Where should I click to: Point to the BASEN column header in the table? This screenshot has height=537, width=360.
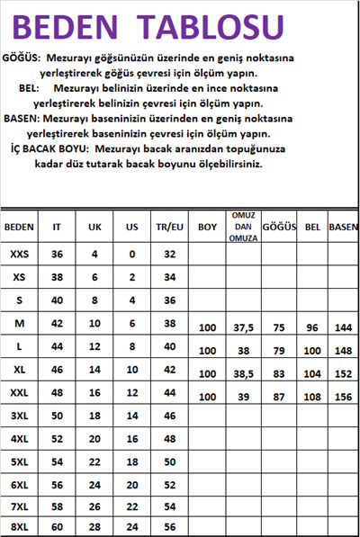click(343, 228)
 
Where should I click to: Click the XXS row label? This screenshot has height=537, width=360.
click(19, 255)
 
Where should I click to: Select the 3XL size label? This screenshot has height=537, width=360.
click(19, 415)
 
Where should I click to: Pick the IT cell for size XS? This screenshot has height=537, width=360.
click(57, 277)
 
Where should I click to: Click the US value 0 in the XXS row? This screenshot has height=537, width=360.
click(131, 255)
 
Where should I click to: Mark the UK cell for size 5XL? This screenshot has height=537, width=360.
click(94, 461)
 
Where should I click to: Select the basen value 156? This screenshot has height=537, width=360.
click(343, 397)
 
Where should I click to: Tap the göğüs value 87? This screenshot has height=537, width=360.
click(280, 397)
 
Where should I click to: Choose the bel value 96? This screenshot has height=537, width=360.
click(312, 327)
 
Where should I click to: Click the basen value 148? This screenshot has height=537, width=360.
click(343, 351)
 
